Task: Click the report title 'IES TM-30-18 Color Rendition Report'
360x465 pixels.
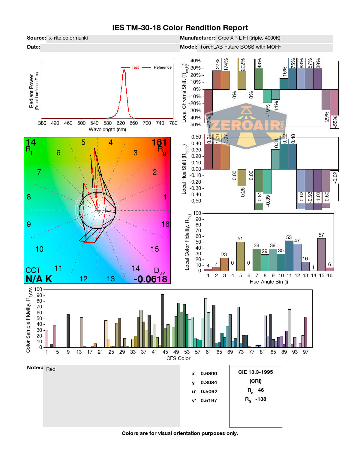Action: click(x=180, y=28)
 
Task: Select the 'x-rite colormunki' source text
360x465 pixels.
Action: click(x=68, y=38)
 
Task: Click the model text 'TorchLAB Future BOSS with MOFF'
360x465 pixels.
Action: click(x=240, y=47)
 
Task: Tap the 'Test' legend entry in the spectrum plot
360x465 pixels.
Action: click(x=135, y=67)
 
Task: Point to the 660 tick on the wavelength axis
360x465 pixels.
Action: click(x=133, y=123)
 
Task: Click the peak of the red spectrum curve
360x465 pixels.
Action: click(x=124, y=70)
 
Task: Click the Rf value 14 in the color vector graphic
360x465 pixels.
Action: click(x=31, y=142)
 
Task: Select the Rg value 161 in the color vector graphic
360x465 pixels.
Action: click(x=159, y=142)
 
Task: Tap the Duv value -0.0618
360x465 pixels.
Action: click(x=150, y=279)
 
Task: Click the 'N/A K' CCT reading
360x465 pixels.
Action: click(x=39, y=279)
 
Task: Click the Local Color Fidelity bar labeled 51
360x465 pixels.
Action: click(x=240, y=256)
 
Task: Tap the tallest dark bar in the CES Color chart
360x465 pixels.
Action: click(x=163, y=321)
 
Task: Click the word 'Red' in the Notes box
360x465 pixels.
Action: click(x=51, y=369)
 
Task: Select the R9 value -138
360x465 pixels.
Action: click(x=261, y=399)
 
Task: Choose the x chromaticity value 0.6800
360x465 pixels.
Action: click(x=209, y=374)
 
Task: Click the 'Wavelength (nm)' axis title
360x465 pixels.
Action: click(x=107, y=130)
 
